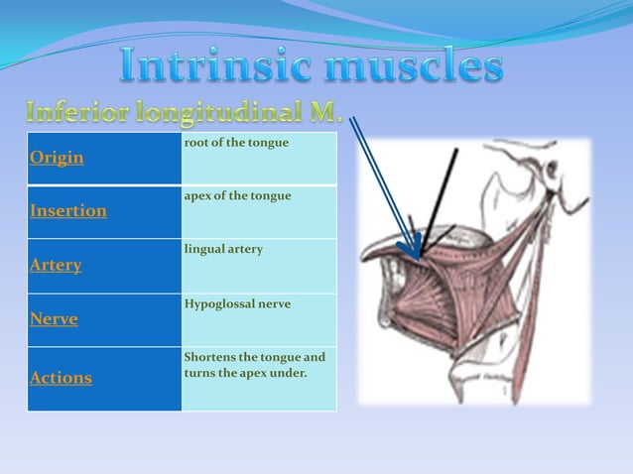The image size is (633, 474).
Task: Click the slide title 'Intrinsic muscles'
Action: pyautogui.click(x=311, y=67)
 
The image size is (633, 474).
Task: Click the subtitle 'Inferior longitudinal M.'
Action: pyautogui.click(x=185, y=112)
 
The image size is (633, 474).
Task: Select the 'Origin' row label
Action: pyautogui.click(x=57, y=158)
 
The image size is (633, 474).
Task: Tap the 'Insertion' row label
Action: pyautogui.click(x=68, y=211)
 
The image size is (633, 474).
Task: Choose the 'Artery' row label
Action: pyautogui.click(x=56, y=266)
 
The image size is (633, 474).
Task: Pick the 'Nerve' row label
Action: pyautogui.click(x=54, y=319)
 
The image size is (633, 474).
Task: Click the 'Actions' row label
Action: pyautogui.click(x=61, y=378)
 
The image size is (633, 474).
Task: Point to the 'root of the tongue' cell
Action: pyautogui.click(x=236, y=143)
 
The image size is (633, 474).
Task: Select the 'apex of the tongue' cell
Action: pyautogui.click(x=237, y=196)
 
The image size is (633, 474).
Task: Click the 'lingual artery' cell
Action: pyautogui.click(x=223, y=249)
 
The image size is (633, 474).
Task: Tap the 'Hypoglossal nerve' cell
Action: pyautogui.click(x=237, y=303)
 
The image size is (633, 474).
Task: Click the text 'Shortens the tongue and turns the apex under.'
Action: pyautogui.click(x=254, y=364)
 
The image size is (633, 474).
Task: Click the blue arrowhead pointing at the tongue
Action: pyautogui.click(x=414, y=248)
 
